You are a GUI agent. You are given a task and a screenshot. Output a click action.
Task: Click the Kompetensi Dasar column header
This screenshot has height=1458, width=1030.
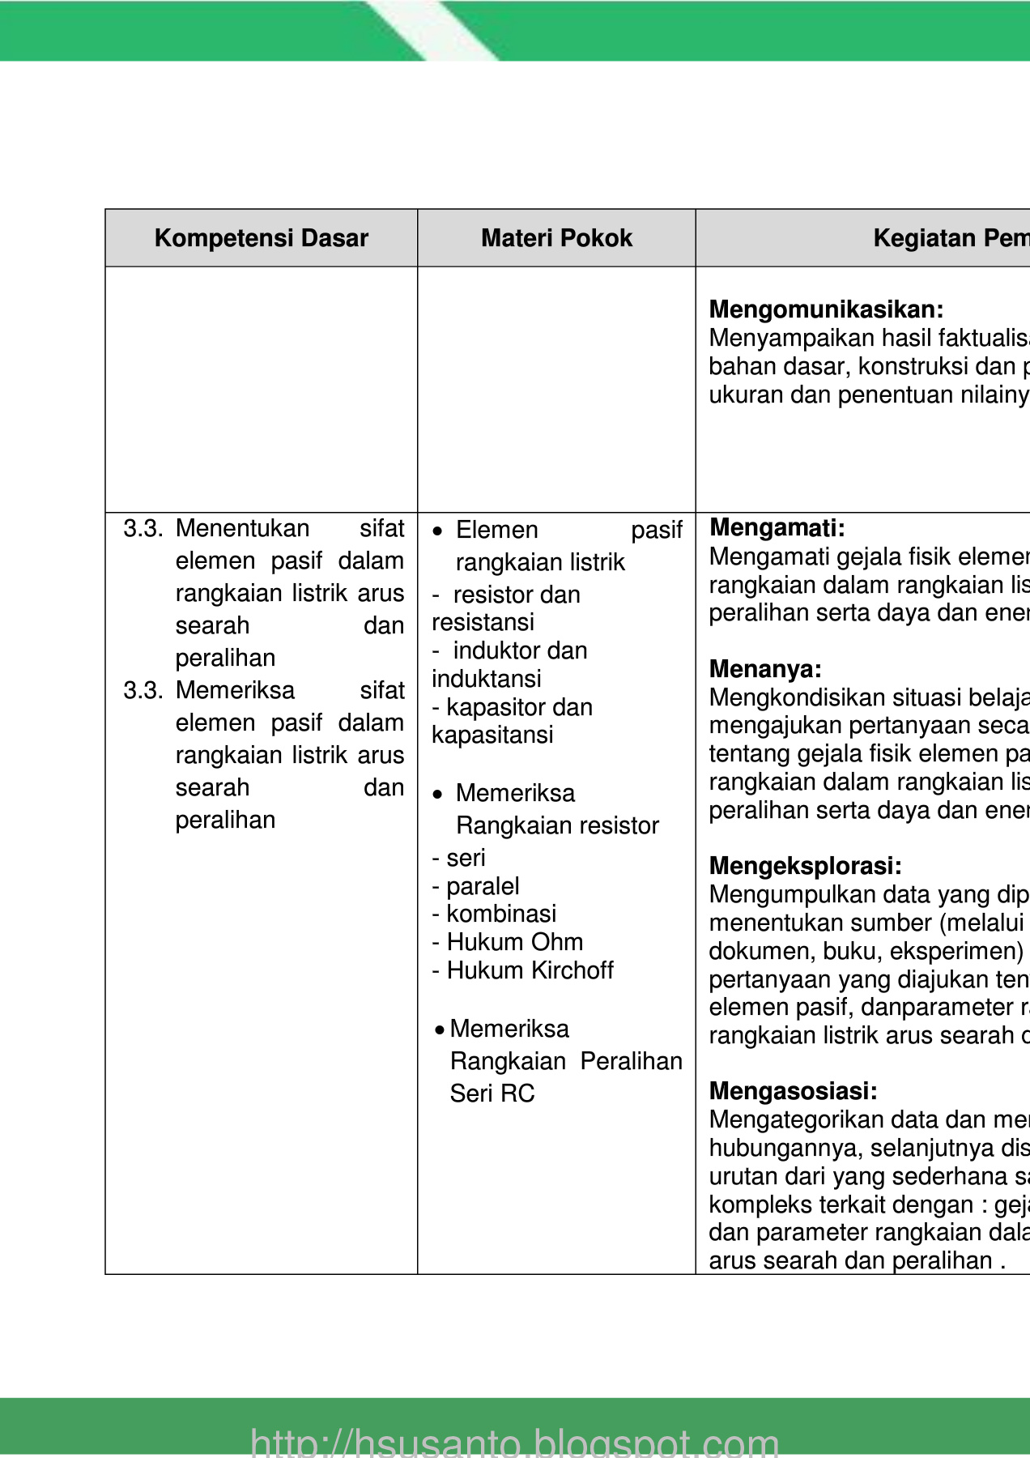tap(261, 238)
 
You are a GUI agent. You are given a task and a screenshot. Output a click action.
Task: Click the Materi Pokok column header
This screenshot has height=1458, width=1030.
tap(556, 238)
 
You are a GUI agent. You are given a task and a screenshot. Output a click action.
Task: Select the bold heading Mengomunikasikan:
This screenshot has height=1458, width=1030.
tap(826, 309)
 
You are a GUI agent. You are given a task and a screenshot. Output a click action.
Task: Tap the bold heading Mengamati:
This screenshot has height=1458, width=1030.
tap(777, 528)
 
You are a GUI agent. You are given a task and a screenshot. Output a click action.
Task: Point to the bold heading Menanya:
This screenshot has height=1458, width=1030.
tap(765, 669)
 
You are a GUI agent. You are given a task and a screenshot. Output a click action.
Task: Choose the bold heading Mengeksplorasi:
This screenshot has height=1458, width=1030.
tap(805, 866)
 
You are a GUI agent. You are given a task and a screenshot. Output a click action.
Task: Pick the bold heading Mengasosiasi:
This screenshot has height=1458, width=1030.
tap(793, 1091)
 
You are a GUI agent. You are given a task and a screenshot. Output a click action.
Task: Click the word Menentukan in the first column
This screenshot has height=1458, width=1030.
tap(242, 528)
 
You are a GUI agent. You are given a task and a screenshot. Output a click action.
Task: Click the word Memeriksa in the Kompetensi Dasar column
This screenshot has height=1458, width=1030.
tap(235, 690)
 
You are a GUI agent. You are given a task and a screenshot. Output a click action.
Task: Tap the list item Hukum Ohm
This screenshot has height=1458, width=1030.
tap(514, 942)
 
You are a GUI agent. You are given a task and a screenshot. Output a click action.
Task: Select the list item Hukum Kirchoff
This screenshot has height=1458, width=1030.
tap(530, 970)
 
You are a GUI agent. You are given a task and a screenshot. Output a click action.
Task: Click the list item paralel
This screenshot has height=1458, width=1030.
tap(483, 886)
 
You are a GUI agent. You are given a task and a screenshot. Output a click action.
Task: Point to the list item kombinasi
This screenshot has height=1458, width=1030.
tap(501, 914)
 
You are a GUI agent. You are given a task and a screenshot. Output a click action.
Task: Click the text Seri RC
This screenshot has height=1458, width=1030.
tap(492, 1093)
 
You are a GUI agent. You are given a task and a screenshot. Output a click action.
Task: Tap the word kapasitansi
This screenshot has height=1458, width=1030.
tap(492, 735)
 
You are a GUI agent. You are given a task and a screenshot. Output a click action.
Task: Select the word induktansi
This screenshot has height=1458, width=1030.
tap(486, 679)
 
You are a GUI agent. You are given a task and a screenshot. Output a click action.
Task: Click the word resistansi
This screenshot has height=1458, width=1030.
tap(483, 622)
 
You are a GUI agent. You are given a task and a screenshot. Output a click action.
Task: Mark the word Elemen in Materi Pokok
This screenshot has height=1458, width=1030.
tap(496, 530)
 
